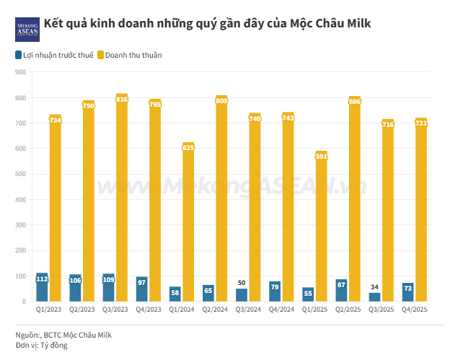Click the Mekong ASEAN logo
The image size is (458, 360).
tap(27, 29)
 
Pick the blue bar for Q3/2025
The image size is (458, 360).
tap(374, 297)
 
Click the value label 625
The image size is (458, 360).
tap(188, 147)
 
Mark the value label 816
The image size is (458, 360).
tap(122, 99)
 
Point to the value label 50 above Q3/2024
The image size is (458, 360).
tap(242, 283)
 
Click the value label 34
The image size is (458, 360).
tap(375, 287)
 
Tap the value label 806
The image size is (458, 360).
tap(355, 102)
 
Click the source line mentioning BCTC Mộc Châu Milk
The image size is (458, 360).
tap(64, 335)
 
